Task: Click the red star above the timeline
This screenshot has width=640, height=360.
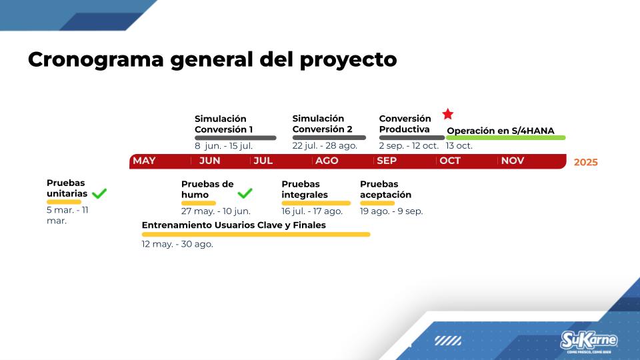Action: point(448,114)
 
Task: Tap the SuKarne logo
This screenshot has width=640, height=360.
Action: point(589,341)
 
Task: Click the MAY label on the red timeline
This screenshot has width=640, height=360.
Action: point(144,161)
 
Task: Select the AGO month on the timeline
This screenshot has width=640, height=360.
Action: point(327,161)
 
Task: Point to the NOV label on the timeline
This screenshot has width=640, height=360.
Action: point(513,161)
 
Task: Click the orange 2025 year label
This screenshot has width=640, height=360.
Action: point(586,162)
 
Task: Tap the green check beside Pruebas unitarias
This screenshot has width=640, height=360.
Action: point(99,193)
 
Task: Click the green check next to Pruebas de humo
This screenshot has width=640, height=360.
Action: point(245,193)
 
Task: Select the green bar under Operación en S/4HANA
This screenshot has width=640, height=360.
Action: point(506,138)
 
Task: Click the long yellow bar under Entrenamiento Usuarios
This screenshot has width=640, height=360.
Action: point(256,234)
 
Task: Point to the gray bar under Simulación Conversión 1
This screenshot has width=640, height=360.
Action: point(235,138)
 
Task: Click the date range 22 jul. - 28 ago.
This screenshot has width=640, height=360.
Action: point(325,146)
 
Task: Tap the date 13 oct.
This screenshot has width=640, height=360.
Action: point(459,146)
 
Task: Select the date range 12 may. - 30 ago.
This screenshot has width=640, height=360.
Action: point(177,244)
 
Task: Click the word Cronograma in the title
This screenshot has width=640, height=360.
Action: point(96,59)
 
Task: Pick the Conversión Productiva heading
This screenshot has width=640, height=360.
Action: point(405,124)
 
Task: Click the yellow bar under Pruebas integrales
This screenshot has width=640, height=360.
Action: point(316,203)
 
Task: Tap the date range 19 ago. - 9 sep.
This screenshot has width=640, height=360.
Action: point(391,211)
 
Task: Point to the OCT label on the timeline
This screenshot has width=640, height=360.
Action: point(450,161)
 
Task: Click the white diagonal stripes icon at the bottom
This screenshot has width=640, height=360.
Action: point(448,341)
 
